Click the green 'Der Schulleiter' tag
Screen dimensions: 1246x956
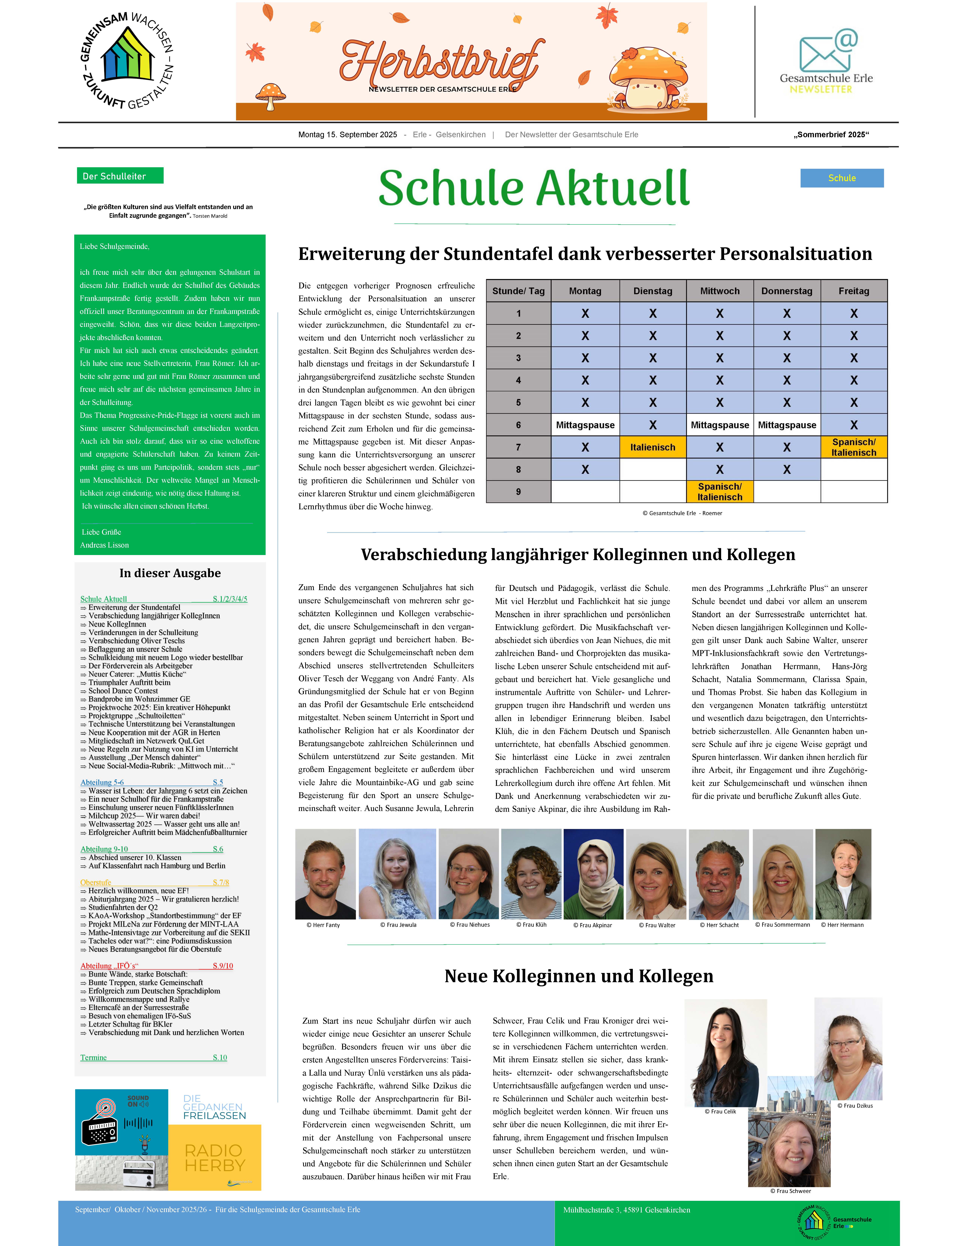tap(120, 176)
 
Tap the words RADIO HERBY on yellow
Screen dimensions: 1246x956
tap(214, 1158)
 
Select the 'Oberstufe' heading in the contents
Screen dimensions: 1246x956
tap(96, 883)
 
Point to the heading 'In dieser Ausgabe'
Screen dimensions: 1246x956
tap(170, 573)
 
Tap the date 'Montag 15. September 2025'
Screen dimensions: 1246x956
tap(348, 135)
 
